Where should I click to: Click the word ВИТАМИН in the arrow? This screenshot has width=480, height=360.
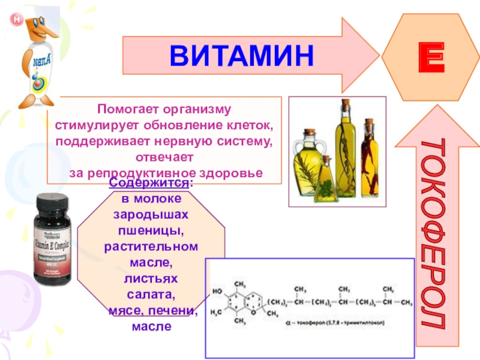pyautogui.click(x=241, y=55)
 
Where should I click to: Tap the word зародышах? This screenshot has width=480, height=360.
pyautogui.click(x=151, y=214)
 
